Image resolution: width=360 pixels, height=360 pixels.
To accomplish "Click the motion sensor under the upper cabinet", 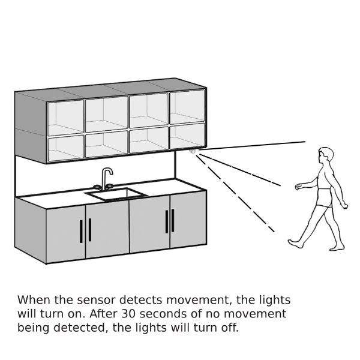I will point(193,151).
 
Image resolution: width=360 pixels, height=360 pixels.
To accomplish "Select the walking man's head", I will point(326,155).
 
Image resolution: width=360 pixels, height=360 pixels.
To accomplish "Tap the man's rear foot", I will point(337,247).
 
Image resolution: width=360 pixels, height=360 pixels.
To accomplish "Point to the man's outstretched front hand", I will point(298,187).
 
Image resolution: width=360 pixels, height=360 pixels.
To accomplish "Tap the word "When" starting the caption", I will point(31,300).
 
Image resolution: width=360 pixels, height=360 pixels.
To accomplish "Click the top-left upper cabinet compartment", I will point(65,118).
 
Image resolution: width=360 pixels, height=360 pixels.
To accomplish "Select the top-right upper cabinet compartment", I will point(187,107).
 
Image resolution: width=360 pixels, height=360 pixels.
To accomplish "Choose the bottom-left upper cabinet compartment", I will point(65,148).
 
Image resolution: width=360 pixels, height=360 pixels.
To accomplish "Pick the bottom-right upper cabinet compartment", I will point(187,136).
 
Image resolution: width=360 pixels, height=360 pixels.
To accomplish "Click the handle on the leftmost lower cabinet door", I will point(81,231).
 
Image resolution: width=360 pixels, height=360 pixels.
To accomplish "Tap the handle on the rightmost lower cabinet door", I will point(173,220).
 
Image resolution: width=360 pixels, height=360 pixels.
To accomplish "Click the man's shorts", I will point(325,197).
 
